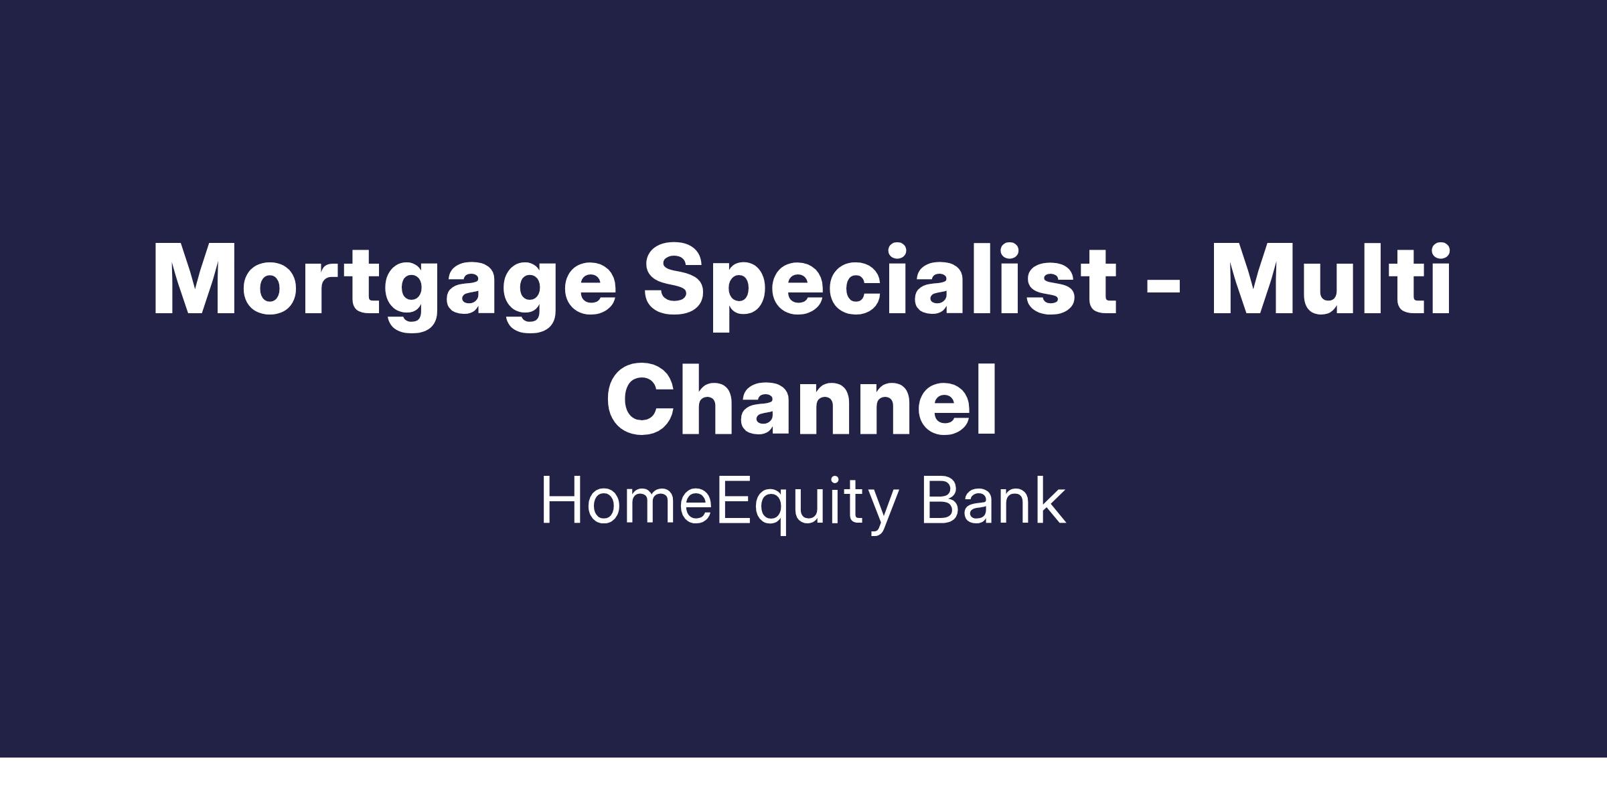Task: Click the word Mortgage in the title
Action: (385, 286)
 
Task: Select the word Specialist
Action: (881, 286)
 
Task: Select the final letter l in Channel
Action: (988, 399)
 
